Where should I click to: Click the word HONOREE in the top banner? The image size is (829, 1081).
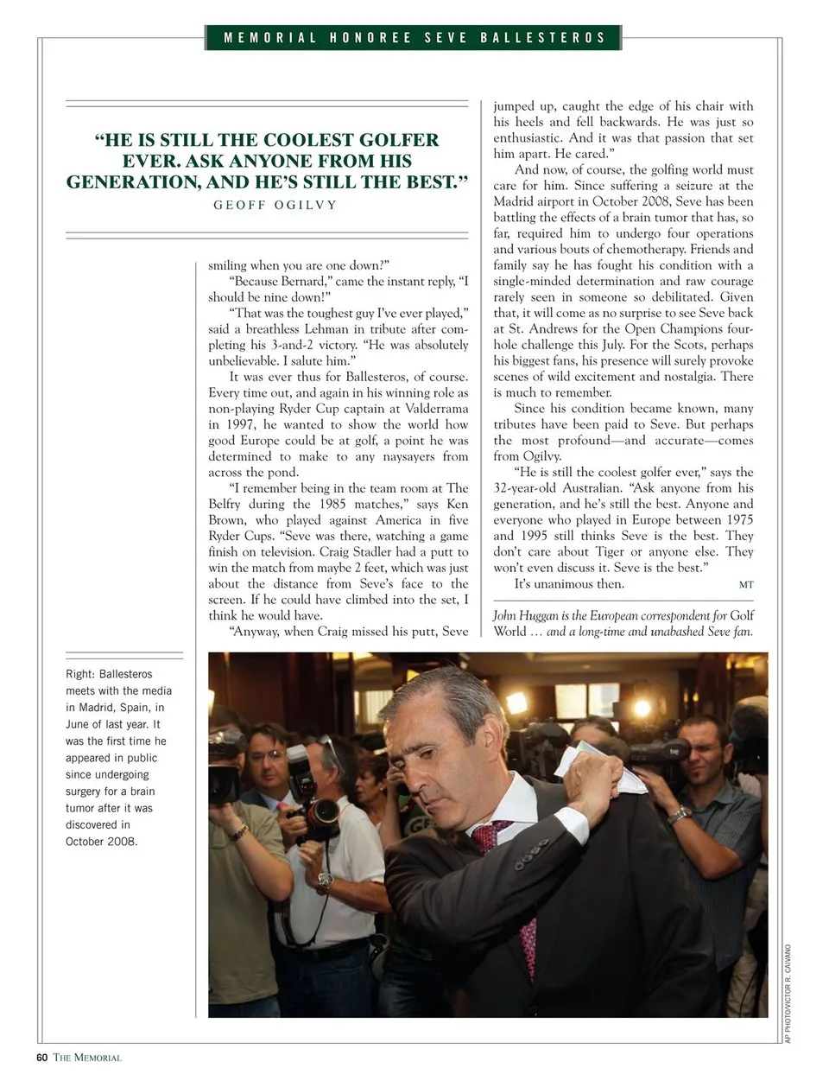(x=370, y=38)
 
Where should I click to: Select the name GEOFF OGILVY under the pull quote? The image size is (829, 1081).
(x=275, y=205)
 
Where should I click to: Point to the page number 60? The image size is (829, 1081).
(x=41, y=1058)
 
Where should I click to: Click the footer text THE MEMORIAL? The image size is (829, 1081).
(x=87, y=1058)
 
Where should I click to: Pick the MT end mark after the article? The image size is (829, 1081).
(x=745, y=585)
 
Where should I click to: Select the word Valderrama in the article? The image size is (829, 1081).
(x=434, y=409)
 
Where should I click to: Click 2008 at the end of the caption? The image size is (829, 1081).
(x=122, y=842)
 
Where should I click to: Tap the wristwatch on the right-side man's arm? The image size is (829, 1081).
(x=680, y=814)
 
